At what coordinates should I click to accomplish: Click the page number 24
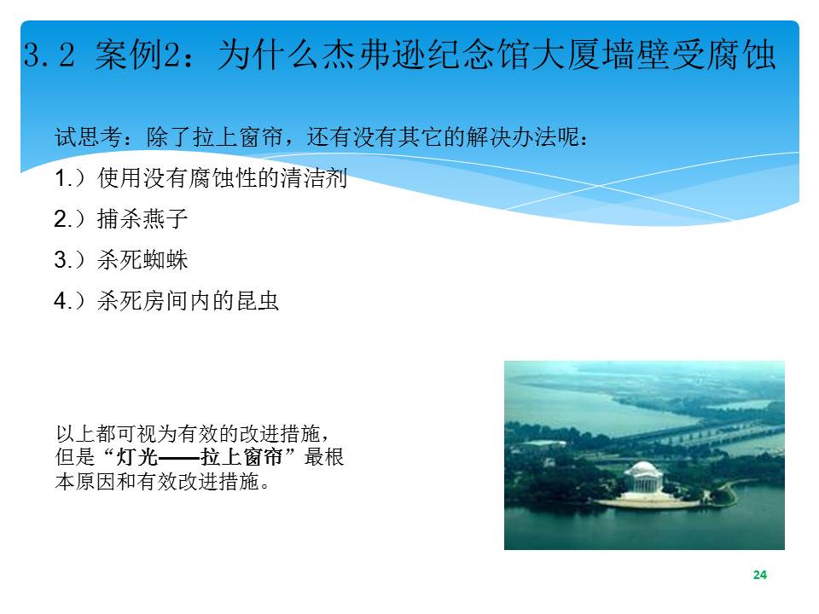pyautogui.click(x=760, y=575)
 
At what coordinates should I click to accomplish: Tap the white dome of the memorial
pyautogui.click(x=643, y=468)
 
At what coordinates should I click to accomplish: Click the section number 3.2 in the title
pyautogui.click(x=49, y=55)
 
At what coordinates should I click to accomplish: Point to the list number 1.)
pyautogui.click(x=69, y=178)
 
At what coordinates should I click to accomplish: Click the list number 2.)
pyautogui.click(x=69, y=219)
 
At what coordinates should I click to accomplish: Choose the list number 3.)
pyautogui.click(x=69, y=259)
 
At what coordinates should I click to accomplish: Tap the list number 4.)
pyautogui.click(x=69, y=301)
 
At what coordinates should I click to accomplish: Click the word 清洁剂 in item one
pyautogui.click(x=314, y=178)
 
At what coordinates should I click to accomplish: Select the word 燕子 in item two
pyautogui.click(x=165, y=219)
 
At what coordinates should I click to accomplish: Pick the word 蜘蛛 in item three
pyautogui.click(x=165, y=259)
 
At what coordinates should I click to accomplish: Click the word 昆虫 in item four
pyautogui.click(x=257, y=301)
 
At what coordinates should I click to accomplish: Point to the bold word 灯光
pyautogui.click(x=136, y=457)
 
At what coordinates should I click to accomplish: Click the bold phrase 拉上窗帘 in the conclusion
pyautogui.click(x=241, y=457)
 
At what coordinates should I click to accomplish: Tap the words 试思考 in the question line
pyautogui.click(x=89, y=137)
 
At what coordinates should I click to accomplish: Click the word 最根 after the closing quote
pyautogui.click(x=324, y=457)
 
